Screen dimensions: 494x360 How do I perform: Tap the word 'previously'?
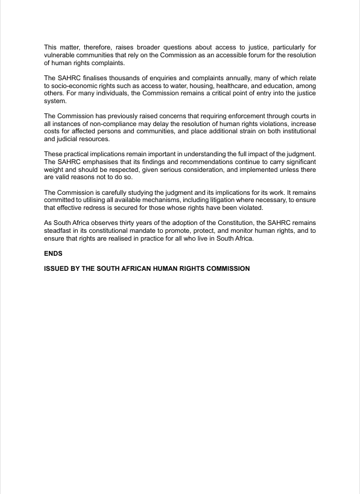(123, 116)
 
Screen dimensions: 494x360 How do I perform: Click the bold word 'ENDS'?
(53, 253)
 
